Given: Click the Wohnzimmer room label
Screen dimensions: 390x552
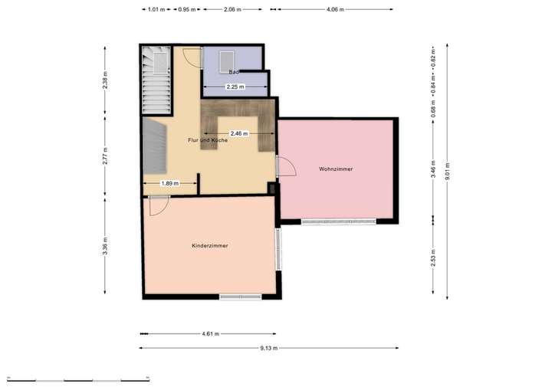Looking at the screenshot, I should point(336,169).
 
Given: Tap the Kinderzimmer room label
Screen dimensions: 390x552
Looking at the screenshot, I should point(210,245).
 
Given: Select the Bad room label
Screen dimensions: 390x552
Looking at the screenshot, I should point(235,72).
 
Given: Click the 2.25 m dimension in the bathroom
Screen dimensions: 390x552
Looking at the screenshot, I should point(235,87).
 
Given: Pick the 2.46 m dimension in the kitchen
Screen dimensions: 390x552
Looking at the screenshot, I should point(239,133).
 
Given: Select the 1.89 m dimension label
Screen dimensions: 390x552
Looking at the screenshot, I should point(169,183).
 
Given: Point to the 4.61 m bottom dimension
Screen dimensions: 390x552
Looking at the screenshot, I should point(210,334).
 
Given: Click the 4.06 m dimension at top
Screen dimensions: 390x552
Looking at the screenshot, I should point(335,10).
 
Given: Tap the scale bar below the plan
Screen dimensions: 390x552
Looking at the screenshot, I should point(77,379).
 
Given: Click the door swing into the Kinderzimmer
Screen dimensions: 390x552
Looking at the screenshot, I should point(159,205).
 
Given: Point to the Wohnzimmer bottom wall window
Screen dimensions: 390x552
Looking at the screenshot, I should point(338,222).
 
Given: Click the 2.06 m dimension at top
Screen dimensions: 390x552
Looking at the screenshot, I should point(233,10).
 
